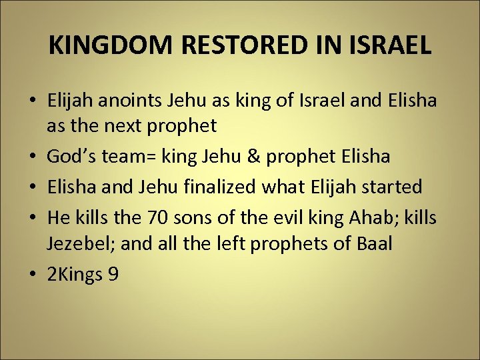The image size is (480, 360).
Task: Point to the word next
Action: click(136, 126)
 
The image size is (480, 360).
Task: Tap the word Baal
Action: click(372, 243)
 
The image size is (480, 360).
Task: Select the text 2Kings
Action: click(73, 274)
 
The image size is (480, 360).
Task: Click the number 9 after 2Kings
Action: click(113, 274)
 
